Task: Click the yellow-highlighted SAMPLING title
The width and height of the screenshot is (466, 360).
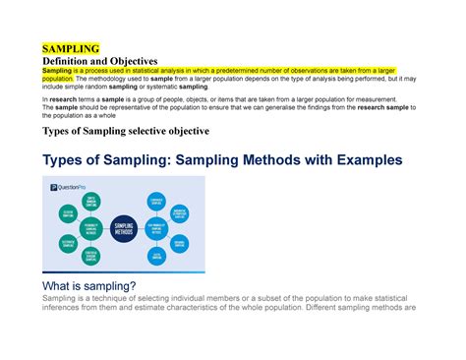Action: coord(71,48)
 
